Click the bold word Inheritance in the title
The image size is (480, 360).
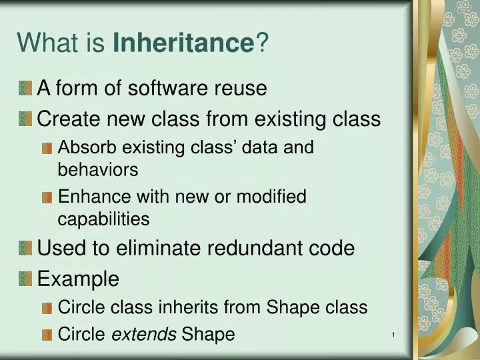click(184, 44)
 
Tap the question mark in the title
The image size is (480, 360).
click(262, 44)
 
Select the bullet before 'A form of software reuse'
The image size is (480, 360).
click(25, 88)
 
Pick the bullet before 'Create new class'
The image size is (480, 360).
click(25, 119)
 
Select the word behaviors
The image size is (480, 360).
click(98, 170)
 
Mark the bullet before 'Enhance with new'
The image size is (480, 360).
click(47, 197)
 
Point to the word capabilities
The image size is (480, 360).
click(103, 219)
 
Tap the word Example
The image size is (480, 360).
click(78, 279)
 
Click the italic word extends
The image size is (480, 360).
click(143, 334)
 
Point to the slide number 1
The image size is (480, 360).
click(394, 334)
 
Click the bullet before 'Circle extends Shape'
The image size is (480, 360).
click(47, 335)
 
